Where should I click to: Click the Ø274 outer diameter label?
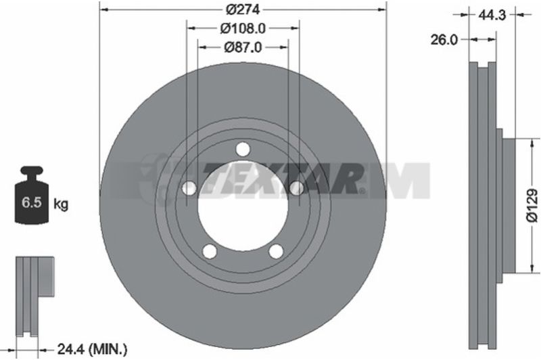[x=243, y=9]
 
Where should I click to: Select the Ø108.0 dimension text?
[x=243, y=28]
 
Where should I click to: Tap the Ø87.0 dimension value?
[x=243, y=47]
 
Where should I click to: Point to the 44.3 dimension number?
[x=492, y=15]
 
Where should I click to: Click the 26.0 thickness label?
[x=444, y=40]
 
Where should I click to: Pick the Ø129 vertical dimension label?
[x=532, y=205]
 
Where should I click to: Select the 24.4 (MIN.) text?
[x=92, y=350]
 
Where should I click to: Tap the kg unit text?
[x=61, y=204]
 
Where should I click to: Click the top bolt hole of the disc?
[x=243, y=150]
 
